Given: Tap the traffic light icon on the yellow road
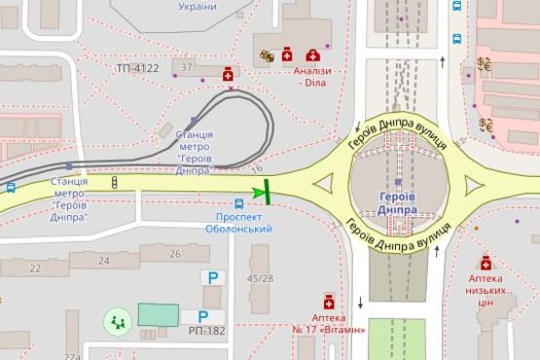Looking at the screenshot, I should [x=115, y=182].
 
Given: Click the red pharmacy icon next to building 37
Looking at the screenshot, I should [x=228, y=73].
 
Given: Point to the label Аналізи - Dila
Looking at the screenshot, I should [x=315, y=77].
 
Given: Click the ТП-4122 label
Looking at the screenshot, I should [x=136, y=68].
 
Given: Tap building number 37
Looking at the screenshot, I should [x=187, y=67].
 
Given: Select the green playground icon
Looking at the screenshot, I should [x=118, y=318].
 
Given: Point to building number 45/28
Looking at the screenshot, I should [x=260, y=279].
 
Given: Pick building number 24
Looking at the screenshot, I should [x=104, y=260].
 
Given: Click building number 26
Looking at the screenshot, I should [x=175, y=254].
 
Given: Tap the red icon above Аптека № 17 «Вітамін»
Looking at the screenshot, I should [x=329, y=300].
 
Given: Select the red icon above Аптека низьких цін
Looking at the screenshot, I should [x=486, y=262].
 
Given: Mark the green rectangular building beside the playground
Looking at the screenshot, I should [x=158, y=314].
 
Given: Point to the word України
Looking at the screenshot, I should [x=198, y=6].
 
